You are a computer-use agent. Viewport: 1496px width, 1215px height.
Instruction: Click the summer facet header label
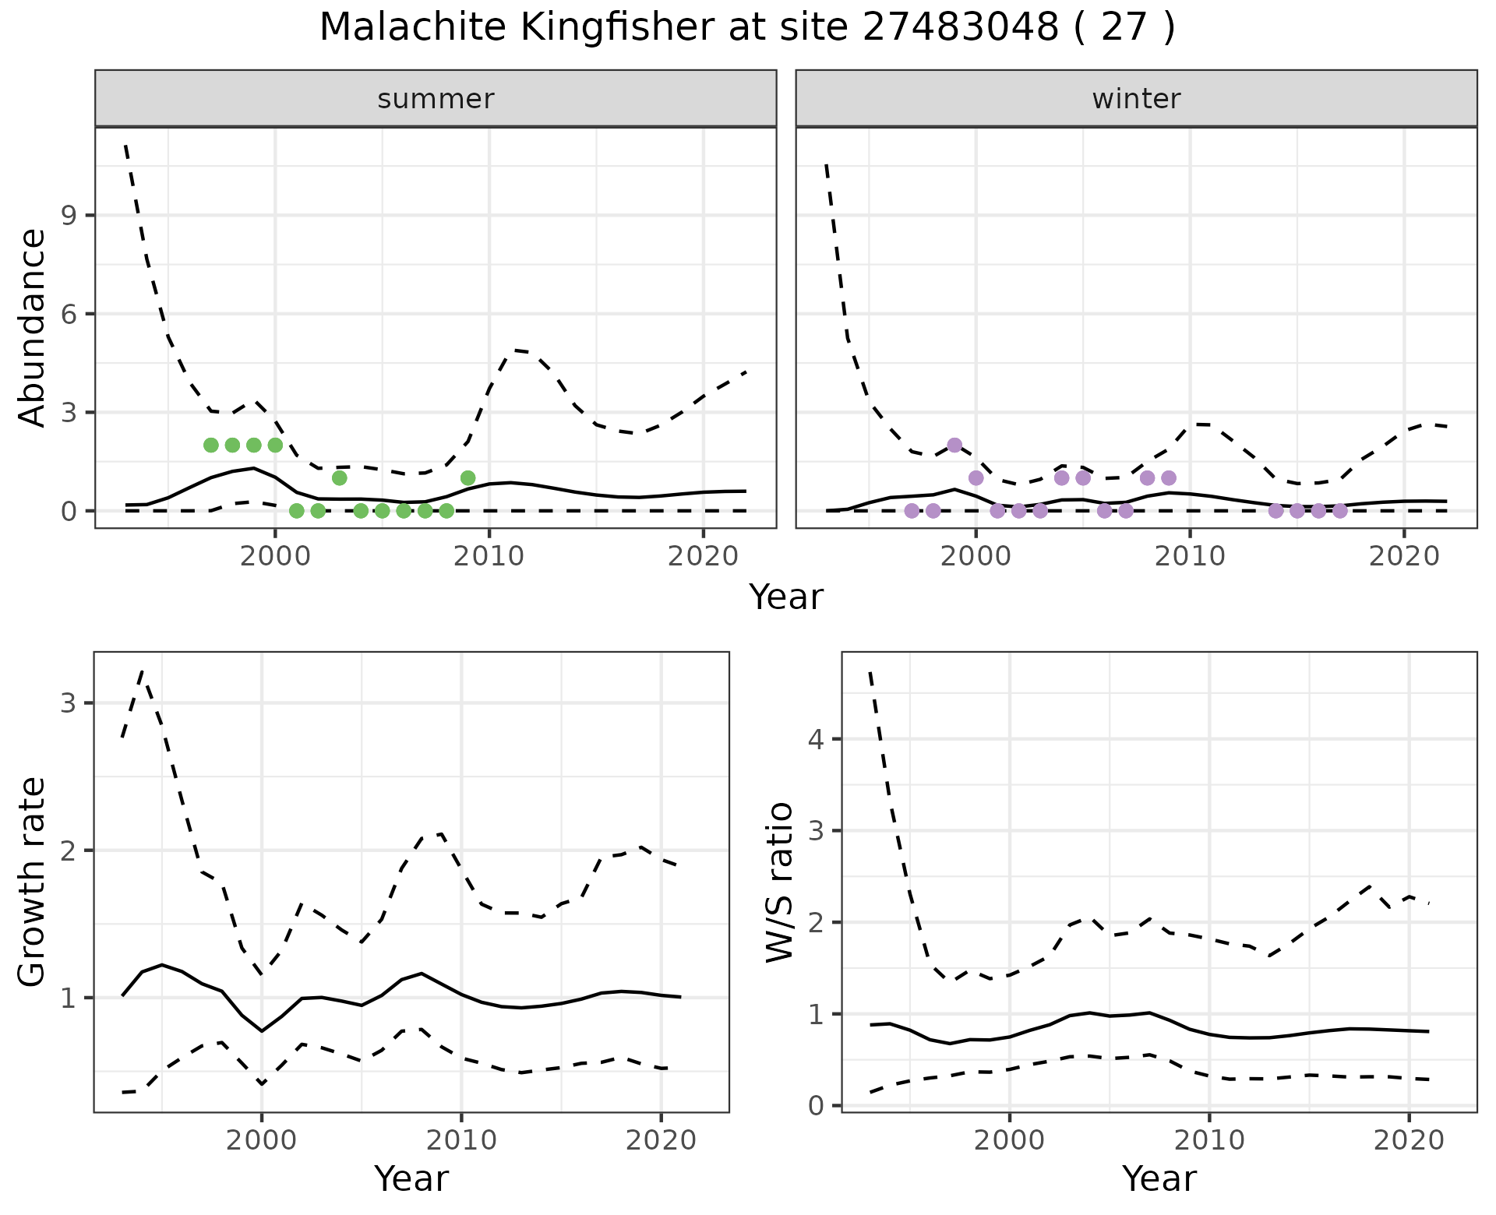[x=436, y=99]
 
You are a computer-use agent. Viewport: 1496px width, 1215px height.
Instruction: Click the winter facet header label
[x=1136, y=99]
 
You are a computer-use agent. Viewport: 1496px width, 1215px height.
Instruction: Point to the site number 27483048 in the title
[x=960, y=28]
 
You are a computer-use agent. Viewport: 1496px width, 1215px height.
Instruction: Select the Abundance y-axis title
[x=33, y=327]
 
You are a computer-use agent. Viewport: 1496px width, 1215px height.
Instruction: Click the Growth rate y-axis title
[x=33, y=882]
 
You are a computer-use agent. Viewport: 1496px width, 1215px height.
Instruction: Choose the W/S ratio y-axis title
[x=780, y=882]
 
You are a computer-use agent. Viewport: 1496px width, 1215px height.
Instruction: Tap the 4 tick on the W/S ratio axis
[x=816, y=738]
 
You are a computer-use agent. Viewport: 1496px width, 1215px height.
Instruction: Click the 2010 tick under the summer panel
[x=489, y=558]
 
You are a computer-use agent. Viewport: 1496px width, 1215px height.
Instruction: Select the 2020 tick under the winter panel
[x=1404, y=558]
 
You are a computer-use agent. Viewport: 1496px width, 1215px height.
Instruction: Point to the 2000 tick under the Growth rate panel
[x=262, y=1141]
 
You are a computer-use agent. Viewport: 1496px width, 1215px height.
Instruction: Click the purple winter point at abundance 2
[x=954, y=445]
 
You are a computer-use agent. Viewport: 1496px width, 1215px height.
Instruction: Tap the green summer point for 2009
[x=467, y=478]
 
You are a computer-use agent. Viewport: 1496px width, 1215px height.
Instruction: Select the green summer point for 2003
[x=339, y=478]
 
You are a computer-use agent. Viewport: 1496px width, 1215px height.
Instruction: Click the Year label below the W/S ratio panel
[x=1159, y=1179]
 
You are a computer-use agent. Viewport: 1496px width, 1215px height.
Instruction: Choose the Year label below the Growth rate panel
[x=411, y=1179]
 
